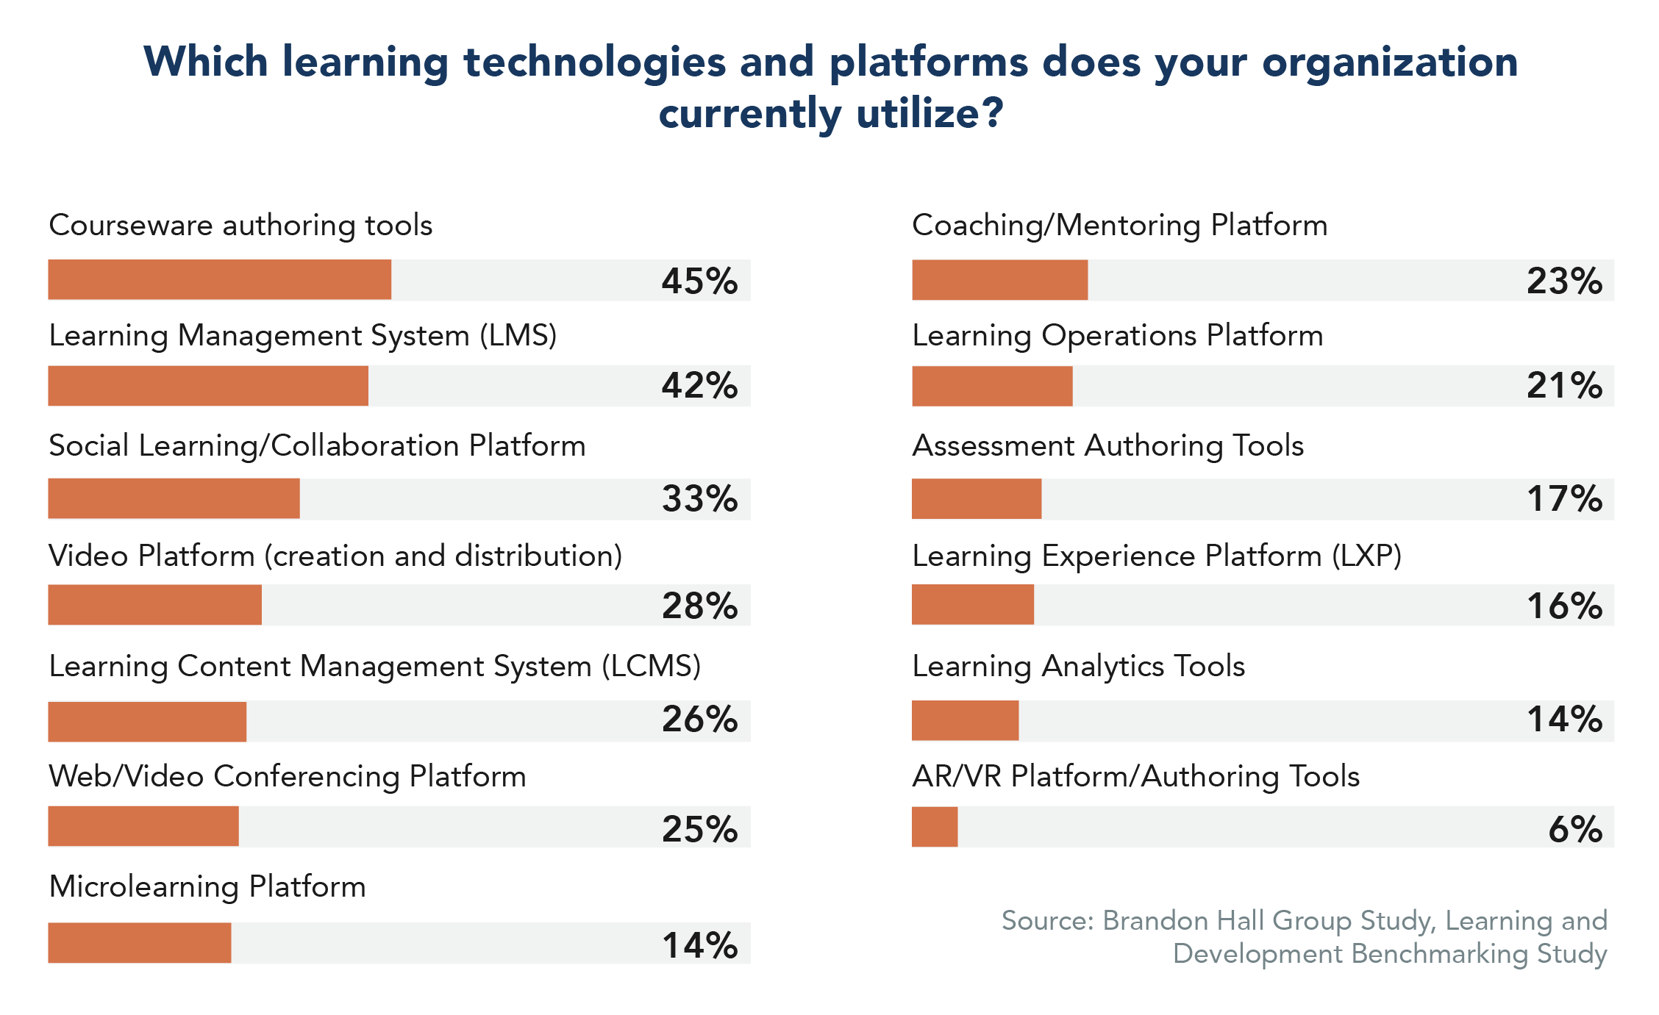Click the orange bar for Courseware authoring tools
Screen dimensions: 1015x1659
(x=219, y=279)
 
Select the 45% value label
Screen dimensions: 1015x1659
(x=699, y=281)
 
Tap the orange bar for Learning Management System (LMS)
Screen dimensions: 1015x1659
(x=208, y=385)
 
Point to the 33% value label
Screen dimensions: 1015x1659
(x=699, y=499)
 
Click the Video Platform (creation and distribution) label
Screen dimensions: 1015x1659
(x=335, y=556)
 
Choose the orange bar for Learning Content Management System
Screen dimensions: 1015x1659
(x=147, y=721)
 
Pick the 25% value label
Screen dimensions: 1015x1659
(x=699, y=829)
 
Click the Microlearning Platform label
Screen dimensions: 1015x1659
(x=207, y=887)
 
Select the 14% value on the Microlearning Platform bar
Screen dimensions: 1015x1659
(x=699, y=945)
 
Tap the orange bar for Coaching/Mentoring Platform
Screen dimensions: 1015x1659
(x=999, y=279)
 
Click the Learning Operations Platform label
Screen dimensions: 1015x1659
(x=1118, y=336)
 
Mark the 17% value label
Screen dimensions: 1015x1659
(x=1564, y=499)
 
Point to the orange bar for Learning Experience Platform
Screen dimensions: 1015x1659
(x=972, y=605)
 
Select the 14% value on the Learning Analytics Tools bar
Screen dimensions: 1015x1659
(x=1564, y=720)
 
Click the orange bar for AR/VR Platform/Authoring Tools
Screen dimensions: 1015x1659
(x=935, y=827)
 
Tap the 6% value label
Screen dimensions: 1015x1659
(x=1575, y=829)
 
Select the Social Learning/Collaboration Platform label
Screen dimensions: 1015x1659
(x=317, y=446)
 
